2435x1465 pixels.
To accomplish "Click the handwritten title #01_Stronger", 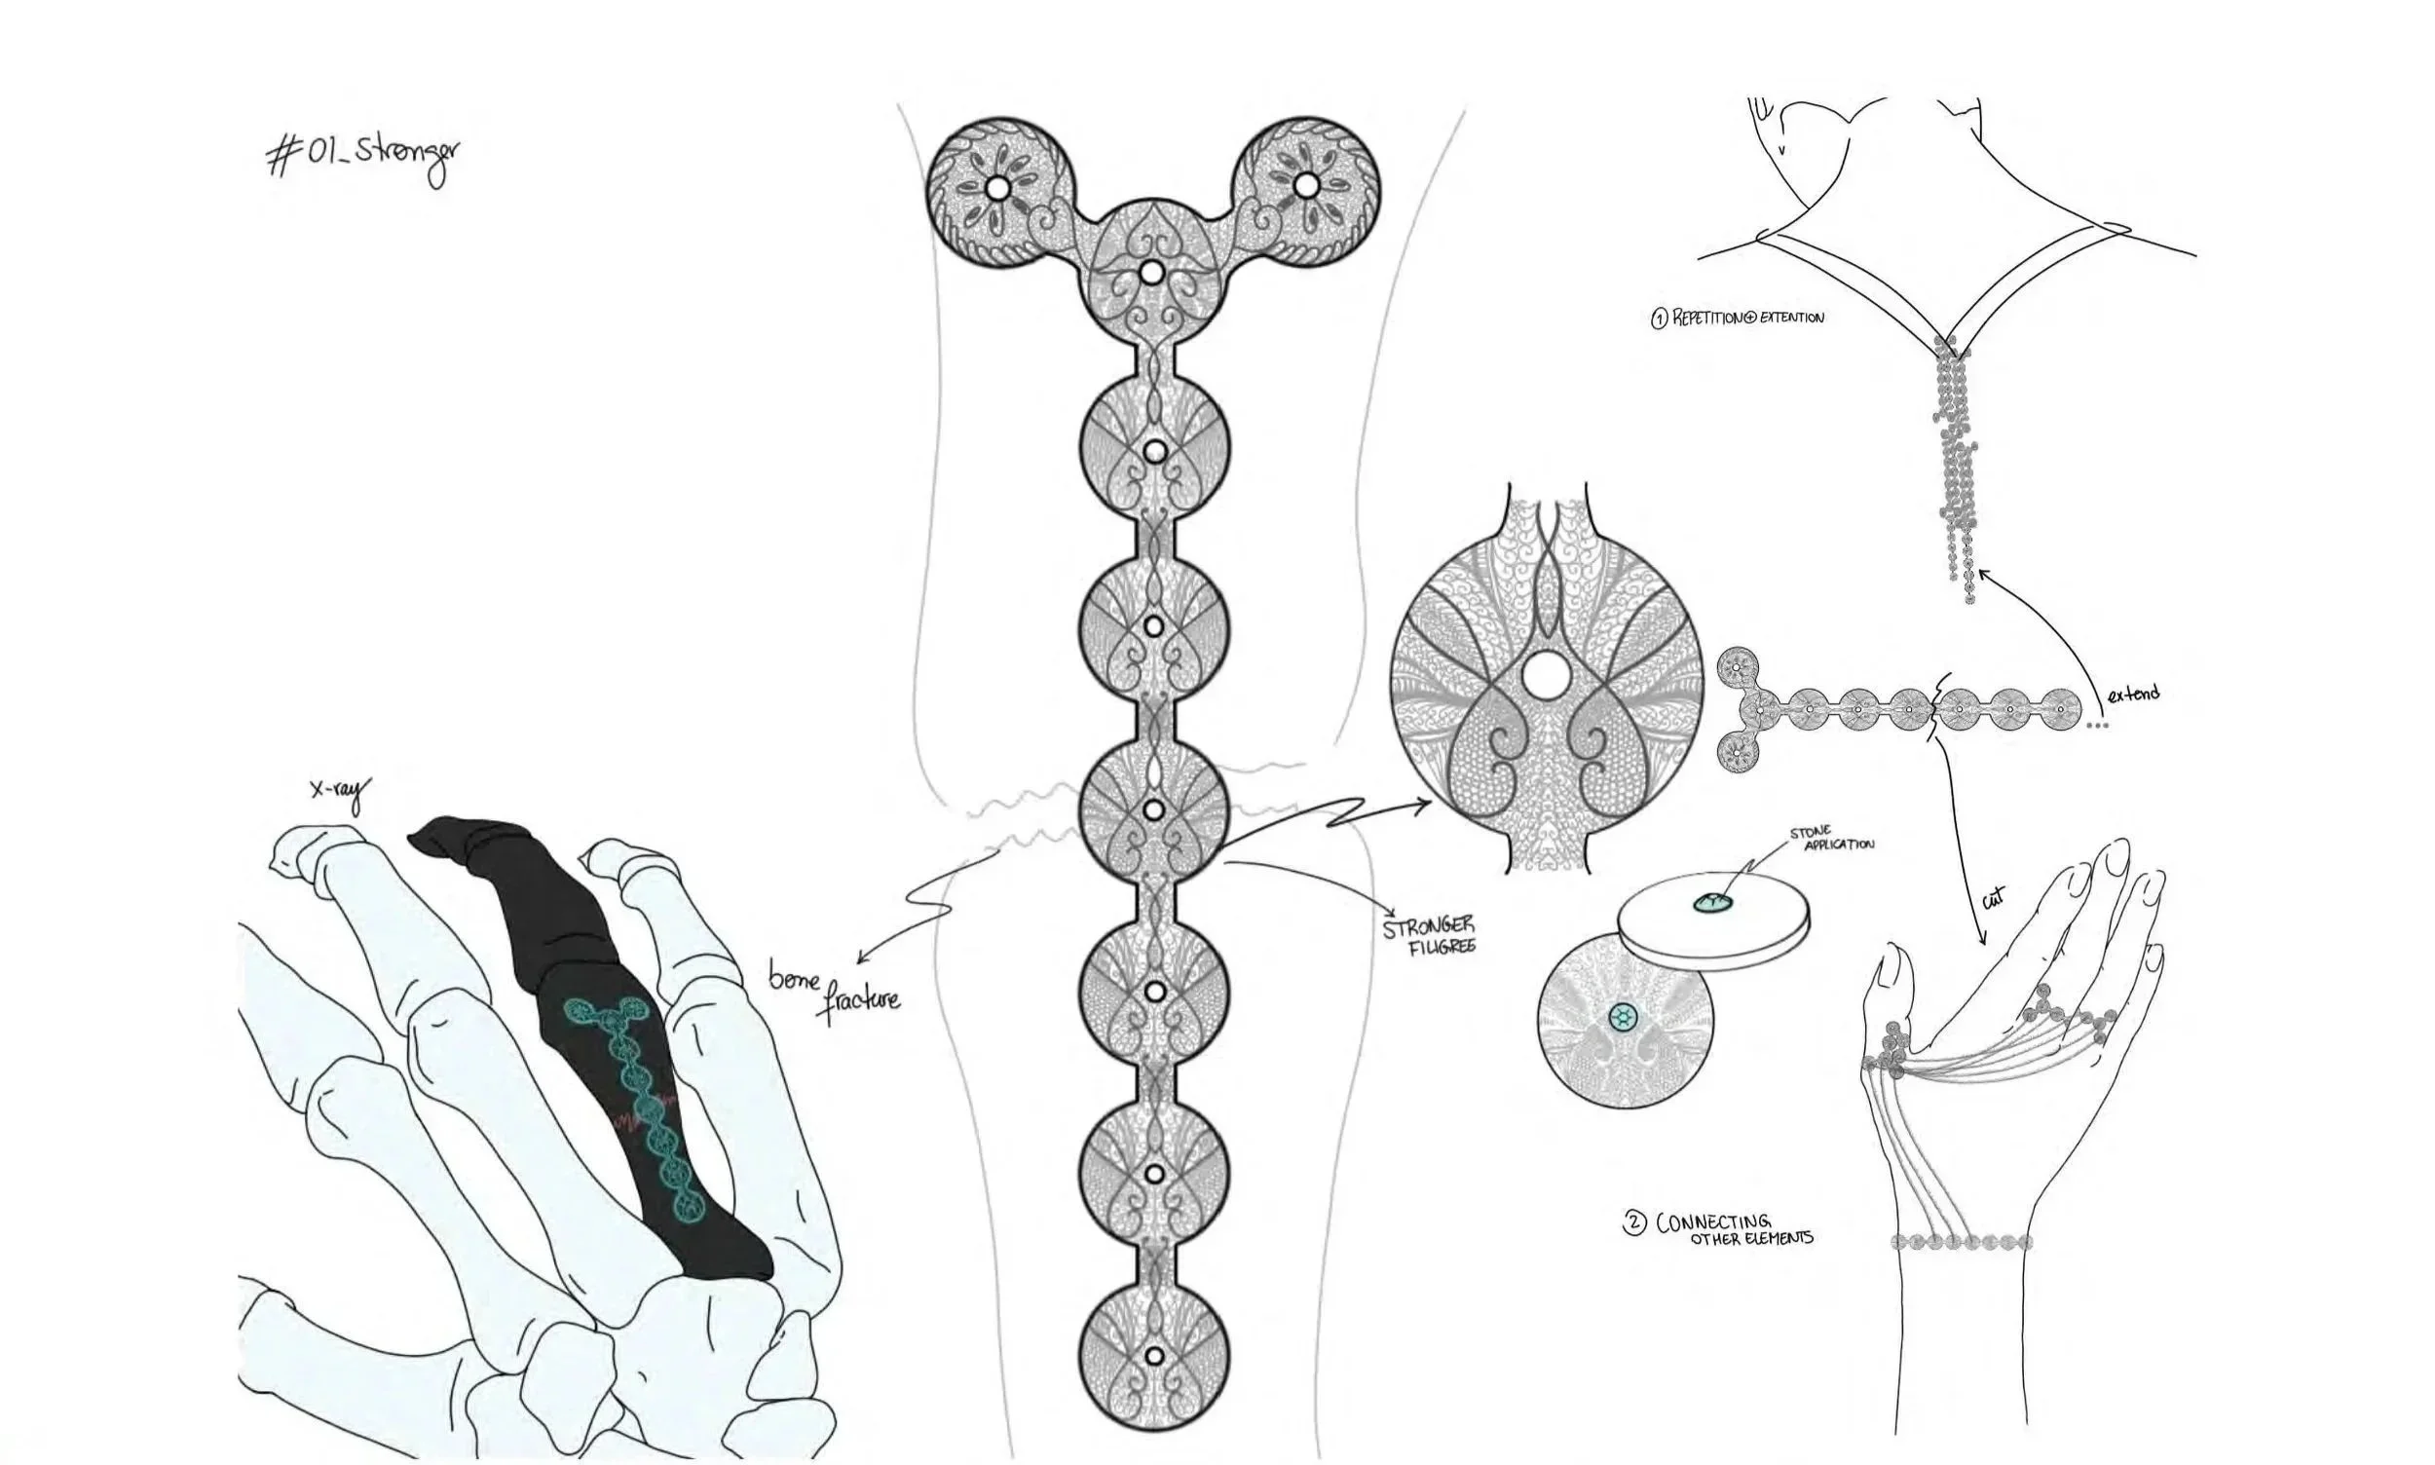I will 362,159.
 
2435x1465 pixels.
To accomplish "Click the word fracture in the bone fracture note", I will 863,999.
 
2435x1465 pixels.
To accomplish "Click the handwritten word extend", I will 2132,694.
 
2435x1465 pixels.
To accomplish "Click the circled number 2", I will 1633,1224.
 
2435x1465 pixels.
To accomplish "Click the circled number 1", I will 1659,318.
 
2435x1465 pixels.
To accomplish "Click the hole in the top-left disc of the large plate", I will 997,187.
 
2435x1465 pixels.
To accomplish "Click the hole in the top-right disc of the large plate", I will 1305,185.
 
